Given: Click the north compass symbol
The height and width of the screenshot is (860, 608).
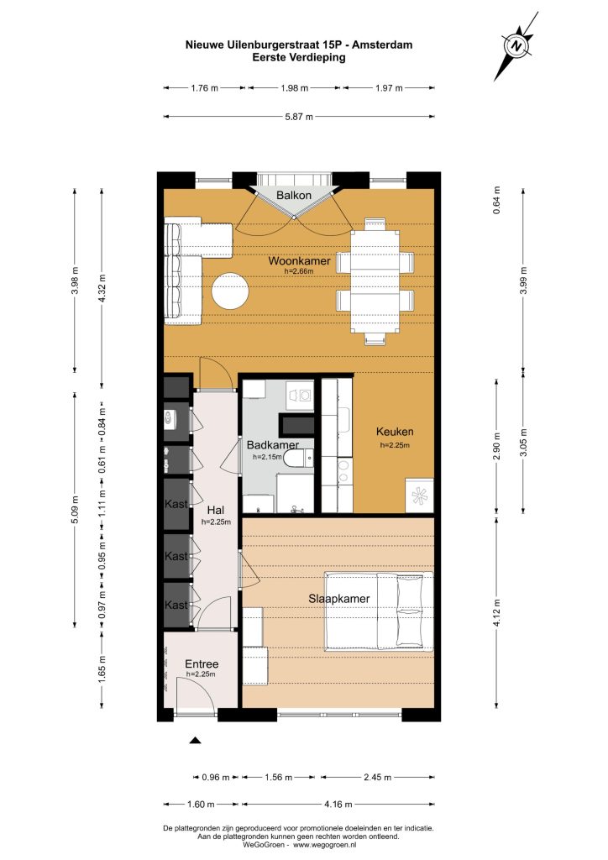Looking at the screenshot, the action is click(516, 46).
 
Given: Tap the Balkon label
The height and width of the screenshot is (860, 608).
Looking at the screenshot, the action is click(294, 195).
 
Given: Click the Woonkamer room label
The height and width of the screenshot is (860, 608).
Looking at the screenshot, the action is click(299, 260).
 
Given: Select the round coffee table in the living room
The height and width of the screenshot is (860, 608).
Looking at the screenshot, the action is click(231, 291).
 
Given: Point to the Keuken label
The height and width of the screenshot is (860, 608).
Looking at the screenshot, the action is click(395, 432).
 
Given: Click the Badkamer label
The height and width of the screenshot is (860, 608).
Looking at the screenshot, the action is click(272, 445).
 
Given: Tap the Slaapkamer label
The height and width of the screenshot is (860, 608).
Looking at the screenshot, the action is click(338, 598).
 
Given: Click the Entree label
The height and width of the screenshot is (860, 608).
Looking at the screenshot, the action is click(202, 663).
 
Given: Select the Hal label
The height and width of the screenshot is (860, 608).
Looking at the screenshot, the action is click(216, 511).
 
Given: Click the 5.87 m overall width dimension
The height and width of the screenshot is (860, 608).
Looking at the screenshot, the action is click(299, 116).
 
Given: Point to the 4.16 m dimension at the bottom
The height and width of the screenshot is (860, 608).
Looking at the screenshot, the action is click(338, 804).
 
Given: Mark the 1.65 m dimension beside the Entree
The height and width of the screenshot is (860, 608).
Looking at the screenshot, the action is click(102, 669).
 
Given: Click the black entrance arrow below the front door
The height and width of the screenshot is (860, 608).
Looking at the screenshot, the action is click(195, 741).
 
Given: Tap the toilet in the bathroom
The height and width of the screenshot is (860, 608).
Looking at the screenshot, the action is click(299, 458).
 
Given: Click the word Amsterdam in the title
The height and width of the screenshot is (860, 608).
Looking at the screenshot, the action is click(382, 45).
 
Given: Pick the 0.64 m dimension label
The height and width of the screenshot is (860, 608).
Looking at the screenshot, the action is click(496, 200).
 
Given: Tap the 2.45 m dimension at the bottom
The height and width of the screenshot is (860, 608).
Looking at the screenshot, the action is click(377, 777).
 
